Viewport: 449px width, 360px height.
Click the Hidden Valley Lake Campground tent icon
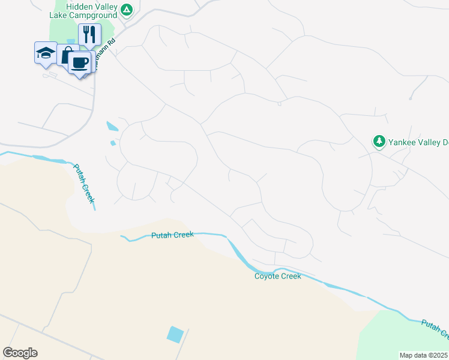coord(126,10)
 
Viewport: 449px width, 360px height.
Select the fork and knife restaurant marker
coord(89,34)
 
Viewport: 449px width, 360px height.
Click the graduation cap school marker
coord(46,53)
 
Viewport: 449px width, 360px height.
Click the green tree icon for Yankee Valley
coord(379,142)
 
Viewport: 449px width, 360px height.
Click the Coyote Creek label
coord(277,276)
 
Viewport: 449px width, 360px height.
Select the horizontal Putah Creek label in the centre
coord(172,235)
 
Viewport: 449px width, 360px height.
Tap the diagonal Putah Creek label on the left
coord(84,184)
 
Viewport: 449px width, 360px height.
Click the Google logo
coord(20,353)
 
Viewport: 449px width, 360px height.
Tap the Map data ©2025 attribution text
coord(424,355)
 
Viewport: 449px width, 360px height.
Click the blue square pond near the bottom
coord(175,334)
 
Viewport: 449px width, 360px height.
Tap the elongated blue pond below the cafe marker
coord(112,127)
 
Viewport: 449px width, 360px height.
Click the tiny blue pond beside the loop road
coord(112,143)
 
